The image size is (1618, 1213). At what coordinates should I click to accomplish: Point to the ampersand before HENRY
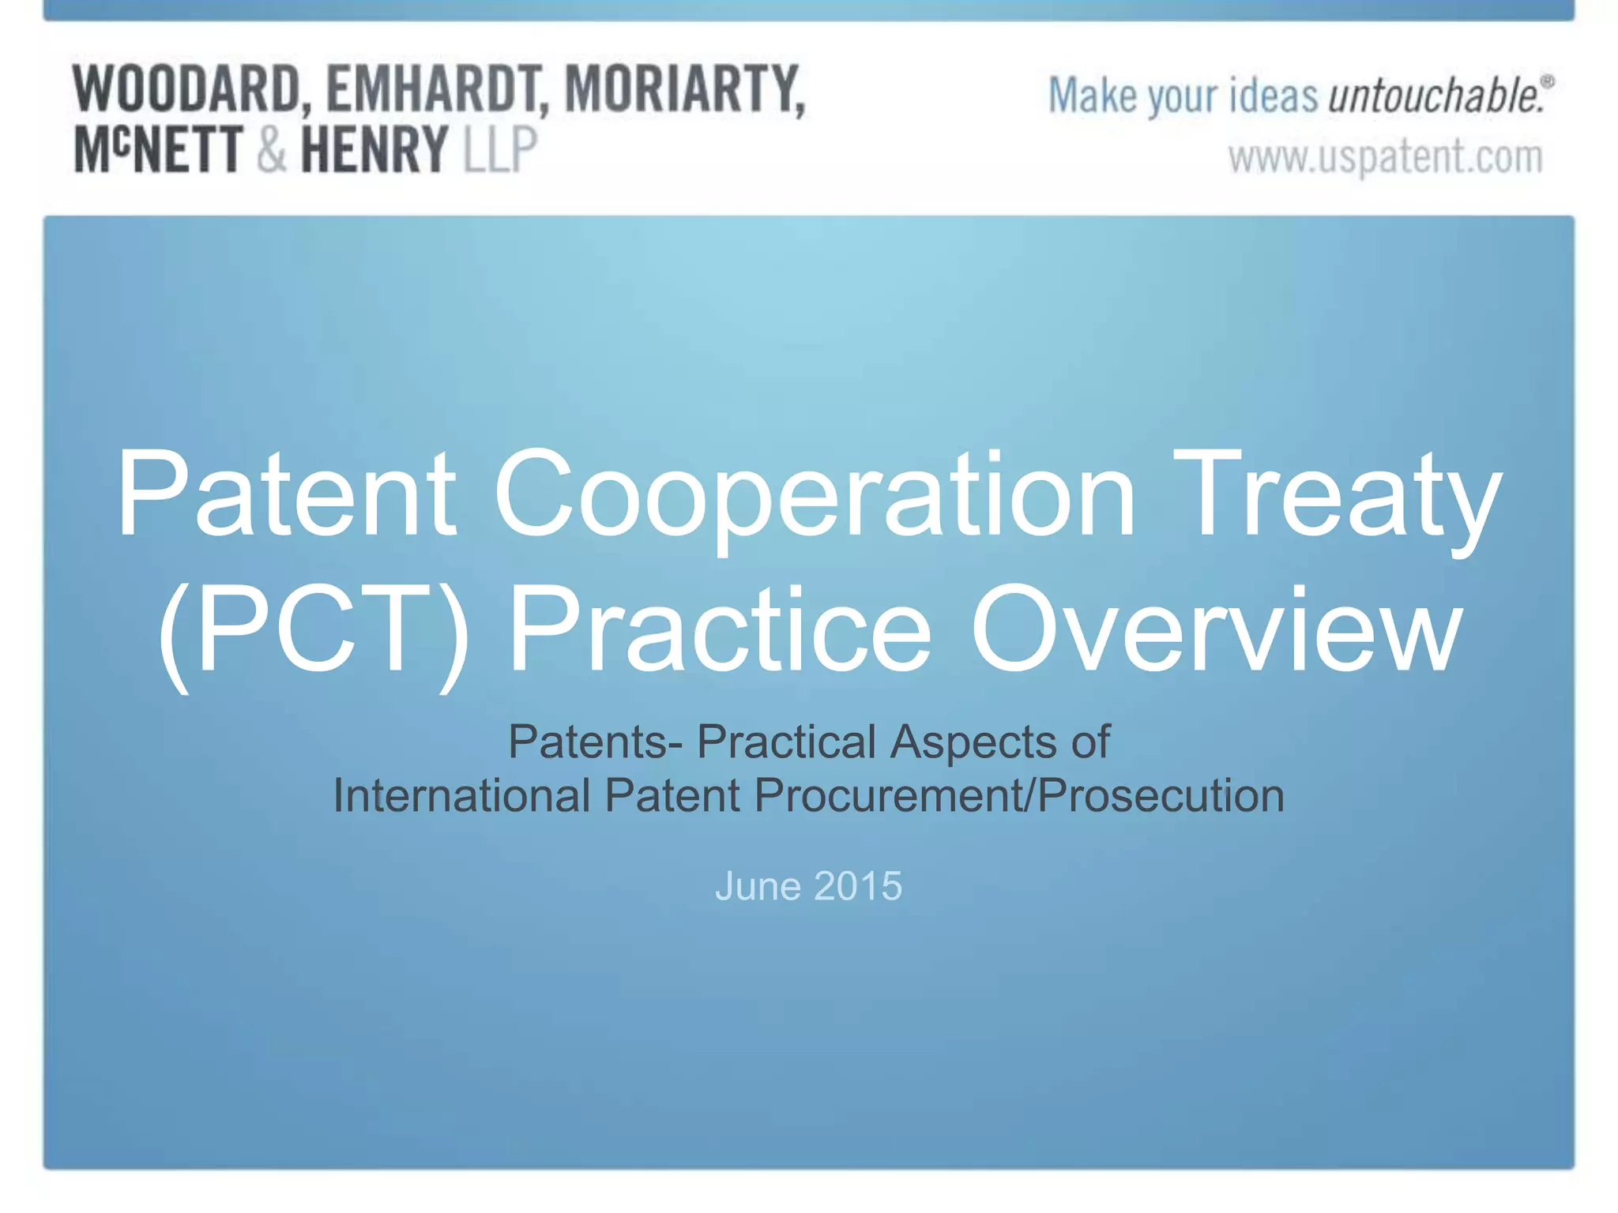[x=271, y=150]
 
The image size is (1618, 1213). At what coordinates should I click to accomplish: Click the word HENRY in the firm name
[x=374, y=150]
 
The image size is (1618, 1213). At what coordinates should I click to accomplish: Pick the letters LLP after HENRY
[x=499, y=150]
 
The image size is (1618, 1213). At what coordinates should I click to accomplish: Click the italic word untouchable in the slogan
[x=1436, y=96]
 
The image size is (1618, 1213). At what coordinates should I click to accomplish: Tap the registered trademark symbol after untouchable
[x=1548, y=81]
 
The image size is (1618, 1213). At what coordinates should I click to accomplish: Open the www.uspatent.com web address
[x=1385, y=156]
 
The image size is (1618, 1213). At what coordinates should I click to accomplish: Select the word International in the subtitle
[x=461, y=795]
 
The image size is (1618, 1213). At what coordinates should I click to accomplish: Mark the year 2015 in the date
[x=858, y=886]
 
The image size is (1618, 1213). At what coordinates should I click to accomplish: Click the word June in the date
[x=758, y=886]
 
